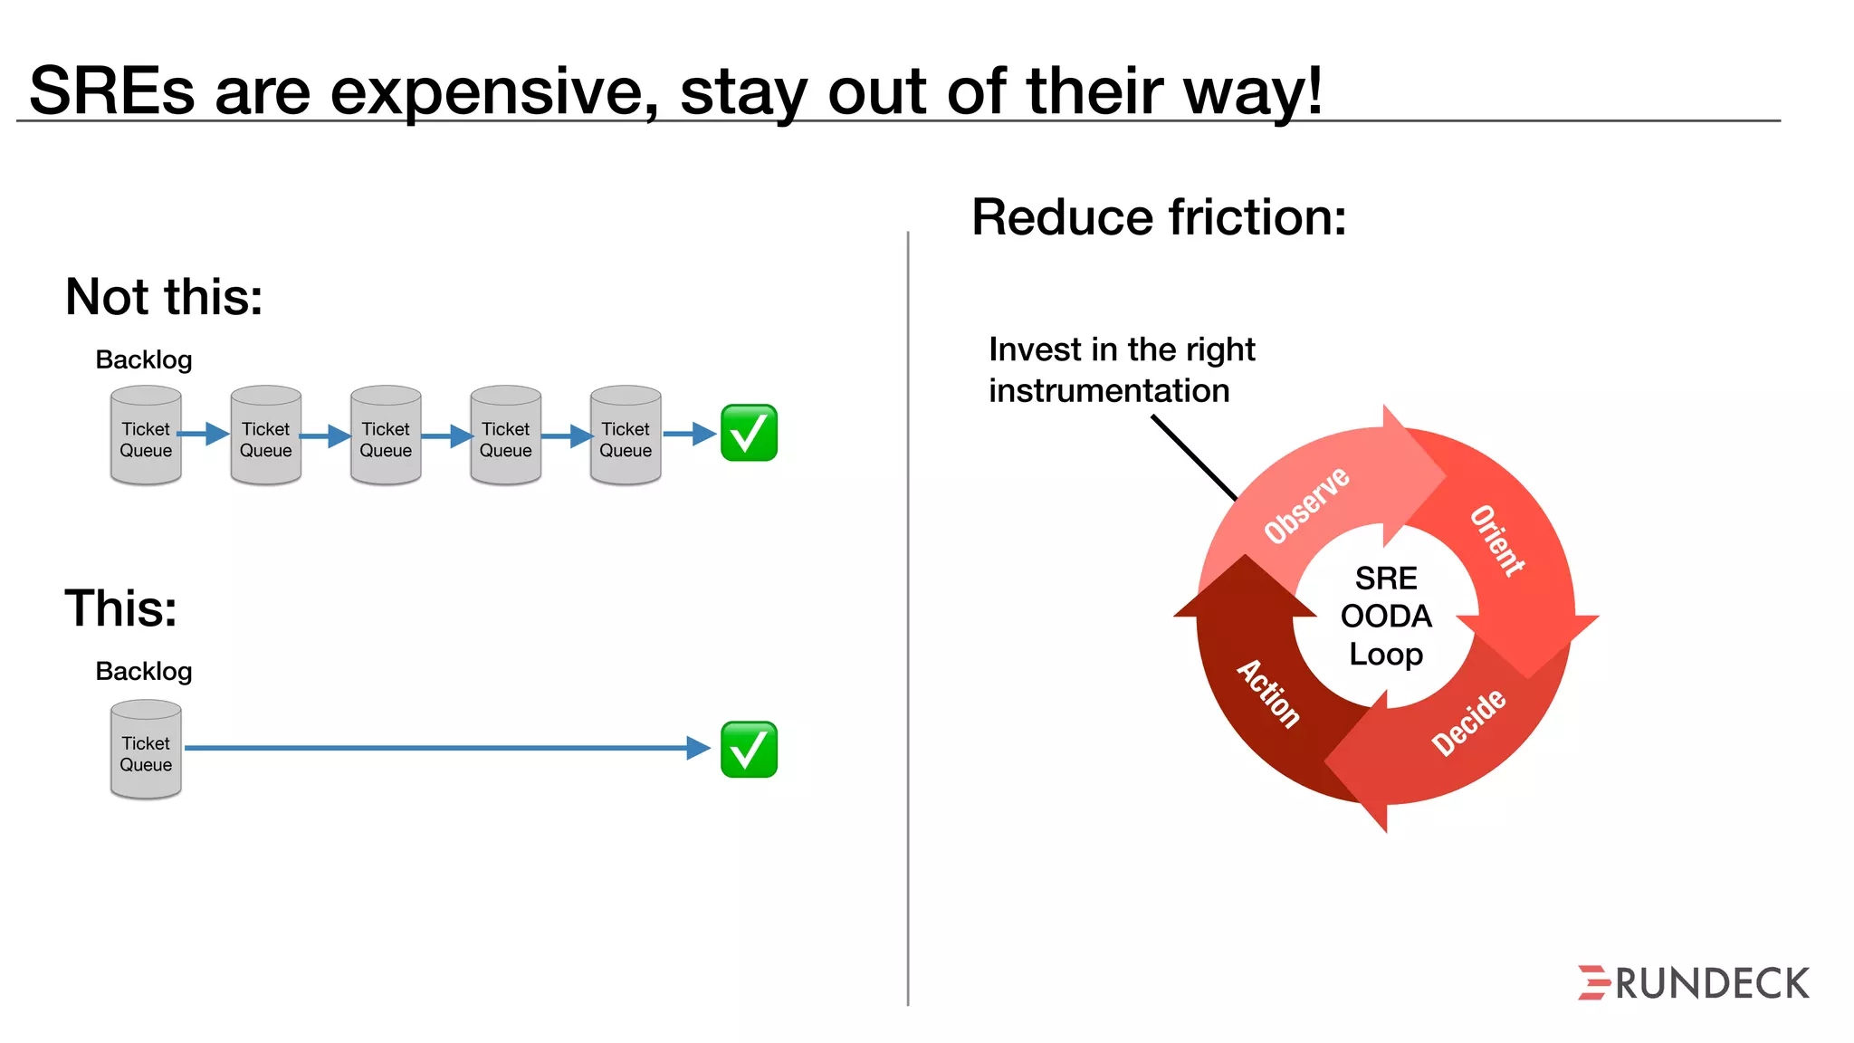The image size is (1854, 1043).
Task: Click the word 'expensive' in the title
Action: pos(493,92)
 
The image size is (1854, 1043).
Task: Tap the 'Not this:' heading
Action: pos(164,297)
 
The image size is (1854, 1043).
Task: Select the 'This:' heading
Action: pos(120,608)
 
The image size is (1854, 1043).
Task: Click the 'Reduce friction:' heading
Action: pos(1159,218)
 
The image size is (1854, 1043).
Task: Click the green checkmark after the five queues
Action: pos(749,433)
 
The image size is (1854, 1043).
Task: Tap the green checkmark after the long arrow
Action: pos(749,749)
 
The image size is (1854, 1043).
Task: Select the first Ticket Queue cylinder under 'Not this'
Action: pos(146,436)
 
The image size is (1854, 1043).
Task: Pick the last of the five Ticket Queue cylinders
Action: pos(626,436)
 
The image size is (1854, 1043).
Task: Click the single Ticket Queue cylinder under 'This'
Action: pos(146,751)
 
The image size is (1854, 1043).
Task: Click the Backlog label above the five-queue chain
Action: pos(144,360)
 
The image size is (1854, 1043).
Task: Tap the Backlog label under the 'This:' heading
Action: pos(144,672)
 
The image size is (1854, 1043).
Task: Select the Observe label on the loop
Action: pos(1306,505)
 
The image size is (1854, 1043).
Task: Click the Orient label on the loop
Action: pos(1497,541)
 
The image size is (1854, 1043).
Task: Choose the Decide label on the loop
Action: pos(1468,722)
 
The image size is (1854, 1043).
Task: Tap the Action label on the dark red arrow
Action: pos(1269,694)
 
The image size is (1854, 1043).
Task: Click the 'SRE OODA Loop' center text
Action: pos(1386,617)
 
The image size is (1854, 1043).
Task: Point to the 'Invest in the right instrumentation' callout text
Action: pos(1121,370)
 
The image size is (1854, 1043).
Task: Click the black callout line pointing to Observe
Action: pos(1193,457)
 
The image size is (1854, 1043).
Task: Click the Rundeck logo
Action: pos(1693,983)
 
